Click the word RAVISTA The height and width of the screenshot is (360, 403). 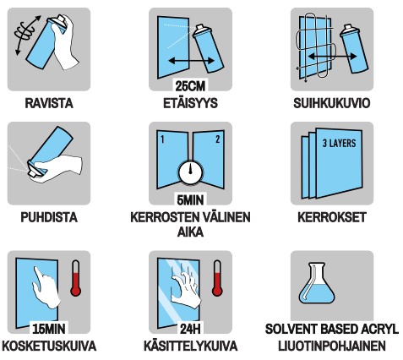(x=49, y=104)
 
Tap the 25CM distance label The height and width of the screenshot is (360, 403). (x=190, y=87)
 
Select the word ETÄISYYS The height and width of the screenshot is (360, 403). (x=190, y=104)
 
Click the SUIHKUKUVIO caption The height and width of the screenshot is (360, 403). (x=331, y=104)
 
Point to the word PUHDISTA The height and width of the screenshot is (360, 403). (x=49, y=217)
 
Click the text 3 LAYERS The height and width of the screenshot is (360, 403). (x=338, y=143)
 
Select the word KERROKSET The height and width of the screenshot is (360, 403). (x=331, y=217)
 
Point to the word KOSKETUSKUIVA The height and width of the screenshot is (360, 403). (x=49, y=346)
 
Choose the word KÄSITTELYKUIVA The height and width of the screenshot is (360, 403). (x=190, y=346)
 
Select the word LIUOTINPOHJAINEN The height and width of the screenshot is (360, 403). (x=331, y=346)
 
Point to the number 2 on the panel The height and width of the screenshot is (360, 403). (x=217, y=138)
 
